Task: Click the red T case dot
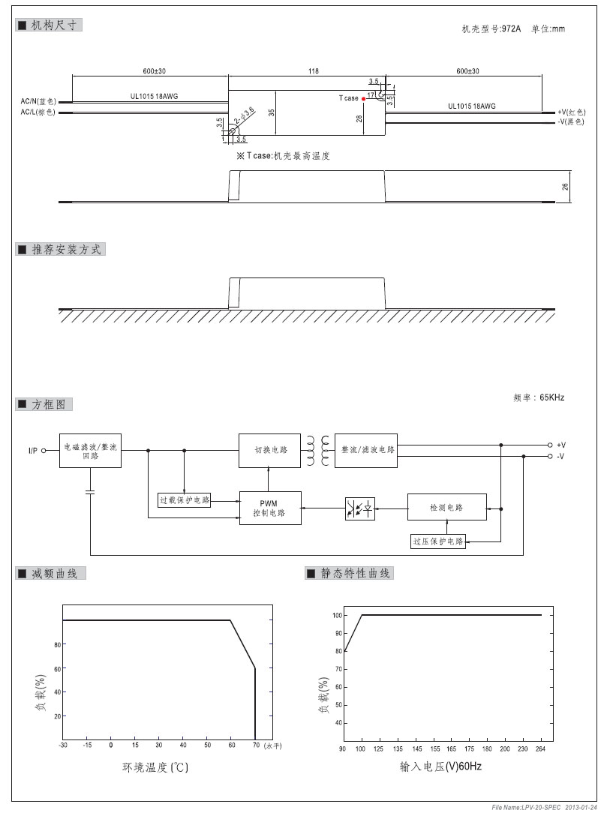[364, 98]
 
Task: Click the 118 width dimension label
[313, 71]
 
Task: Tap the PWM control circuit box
[270, 508]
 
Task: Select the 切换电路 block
[270, 450]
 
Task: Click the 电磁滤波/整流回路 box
[90, 451]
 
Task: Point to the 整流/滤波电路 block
[368, 450]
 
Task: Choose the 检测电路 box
[446, 508]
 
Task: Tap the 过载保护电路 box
[185, 500]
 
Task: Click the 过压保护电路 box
[438, 541]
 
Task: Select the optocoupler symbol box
[359, 508]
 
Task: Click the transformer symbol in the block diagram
[318, 449]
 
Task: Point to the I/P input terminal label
[33, 451]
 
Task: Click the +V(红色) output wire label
[571, 111]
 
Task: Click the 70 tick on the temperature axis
[255, 745]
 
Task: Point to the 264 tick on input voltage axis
[541, 748]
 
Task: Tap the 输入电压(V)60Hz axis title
[440, 767]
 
